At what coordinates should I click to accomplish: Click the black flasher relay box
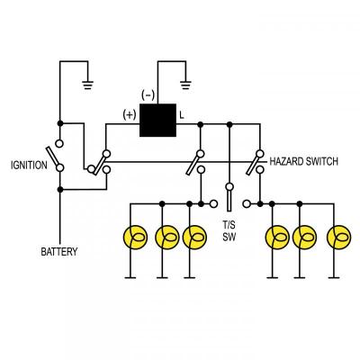coord(157,121)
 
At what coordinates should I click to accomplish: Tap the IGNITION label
coord(29,166)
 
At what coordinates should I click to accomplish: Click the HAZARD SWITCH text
coord(303,162)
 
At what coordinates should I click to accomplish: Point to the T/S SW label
coord(229,231)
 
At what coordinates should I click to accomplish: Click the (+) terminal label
coord(130,114)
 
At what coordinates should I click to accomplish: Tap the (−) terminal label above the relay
coord(148,94)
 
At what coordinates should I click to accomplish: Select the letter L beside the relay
coord(182,115)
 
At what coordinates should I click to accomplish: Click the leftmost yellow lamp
coord(133,238)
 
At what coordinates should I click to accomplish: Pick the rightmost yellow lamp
coord(338,238)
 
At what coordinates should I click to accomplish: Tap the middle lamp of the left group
coord(166,238)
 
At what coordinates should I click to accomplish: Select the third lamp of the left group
coord(193,238)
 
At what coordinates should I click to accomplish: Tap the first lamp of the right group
coord(274,238)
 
